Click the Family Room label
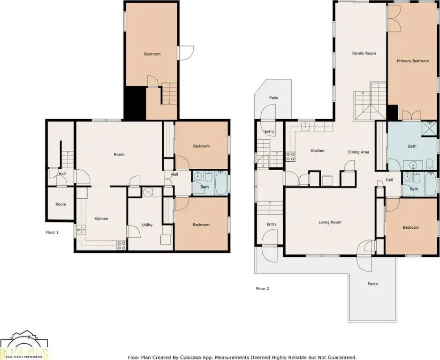point(364,53)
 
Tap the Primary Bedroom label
point(413,61)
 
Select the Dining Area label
point(358,152)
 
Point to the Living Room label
point(330,222)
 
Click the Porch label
point(372,284)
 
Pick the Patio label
point(273,98)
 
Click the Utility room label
point(147,225)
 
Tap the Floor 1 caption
point(52,232)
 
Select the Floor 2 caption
point(262,288)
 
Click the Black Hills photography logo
point(24,345)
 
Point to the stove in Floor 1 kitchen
point(121,246)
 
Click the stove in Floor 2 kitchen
point(290,157)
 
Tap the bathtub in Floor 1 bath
point(221,183)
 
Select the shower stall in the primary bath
point(429,129)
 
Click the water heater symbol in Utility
point(147,192)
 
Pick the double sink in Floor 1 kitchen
point(81,230)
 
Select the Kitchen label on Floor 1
point(101,219)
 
